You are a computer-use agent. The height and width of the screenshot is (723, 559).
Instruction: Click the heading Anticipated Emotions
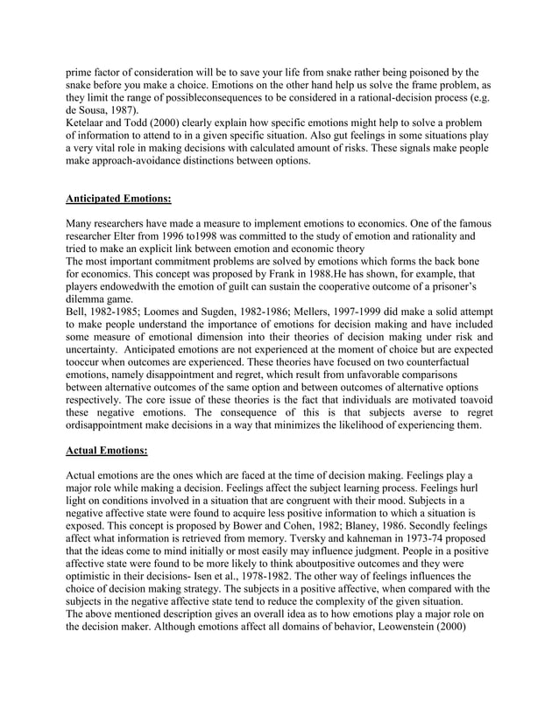tap(122, 199)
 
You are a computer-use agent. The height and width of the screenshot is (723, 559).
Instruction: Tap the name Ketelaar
tap(90, 125)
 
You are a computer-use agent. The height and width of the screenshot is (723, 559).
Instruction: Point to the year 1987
tap(124, 112)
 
